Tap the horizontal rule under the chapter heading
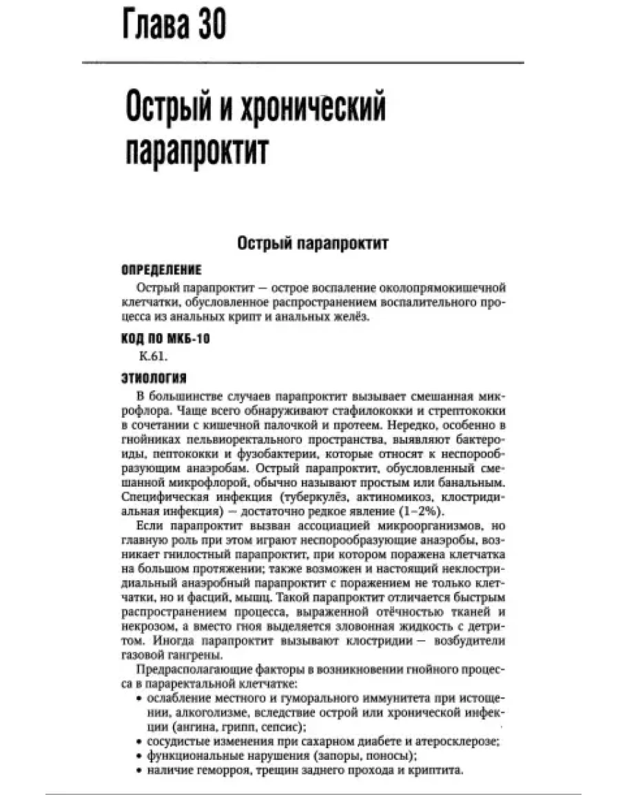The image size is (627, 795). click(x=302, y=63)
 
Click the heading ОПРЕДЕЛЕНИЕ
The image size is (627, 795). click(x=161, y=269)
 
